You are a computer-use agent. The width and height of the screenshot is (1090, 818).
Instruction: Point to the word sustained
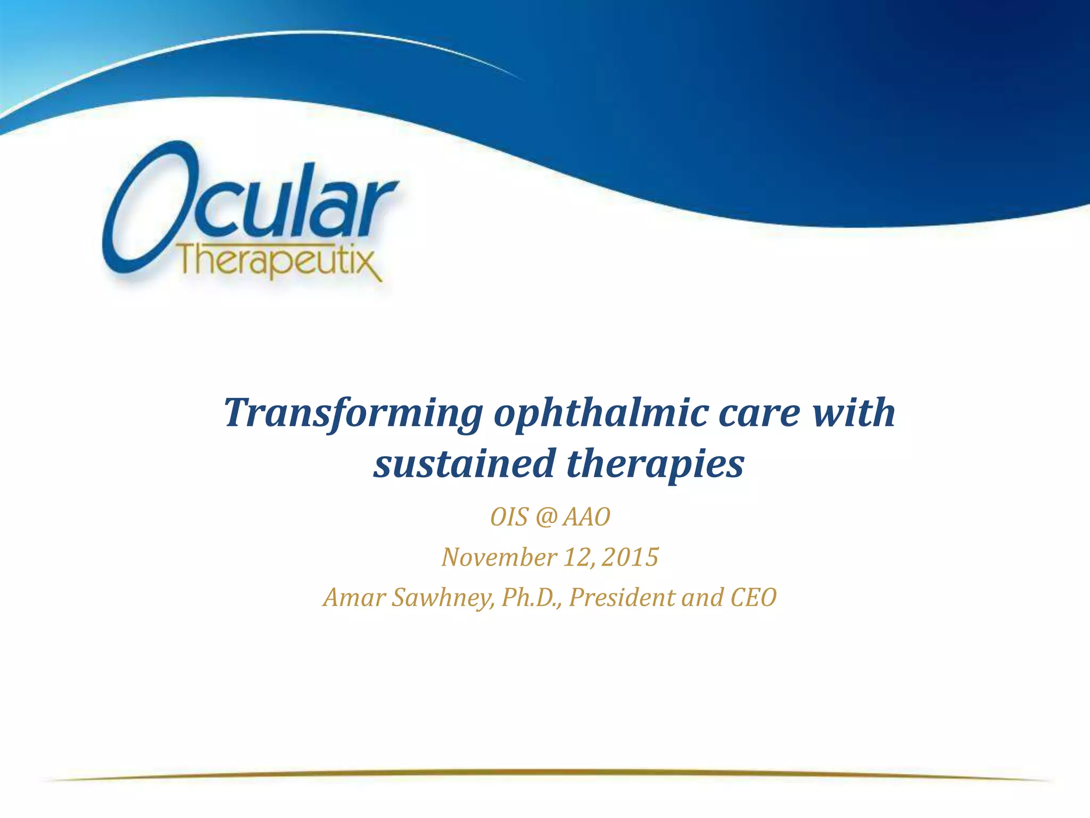(x=465, y=464)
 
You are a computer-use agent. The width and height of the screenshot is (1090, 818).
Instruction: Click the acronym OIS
(x=509, y=517)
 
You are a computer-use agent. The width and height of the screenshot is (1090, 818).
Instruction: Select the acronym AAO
(x=587, y=517)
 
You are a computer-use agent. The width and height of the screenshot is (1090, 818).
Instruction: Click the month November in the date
(x=499, y=558)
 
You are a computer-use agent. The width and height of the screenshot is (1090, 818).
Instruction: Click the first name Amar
(x=354, y=598)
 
